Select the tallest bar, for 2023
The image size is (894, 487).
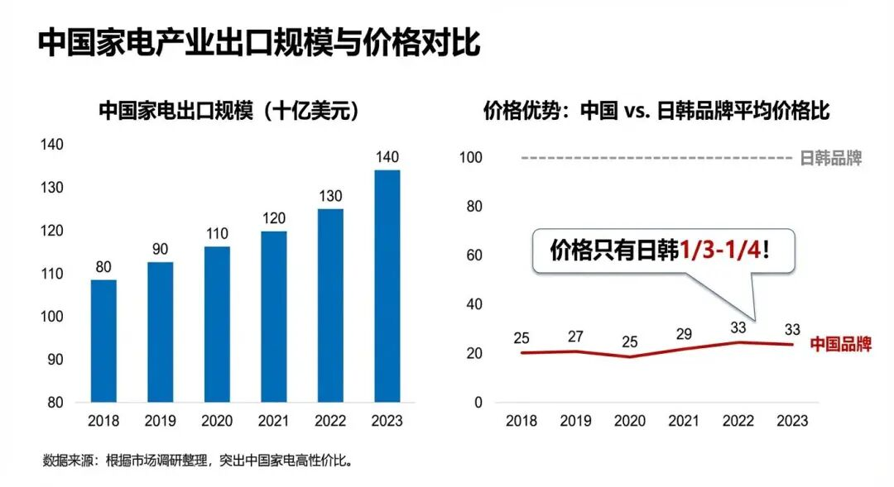click(387, 286)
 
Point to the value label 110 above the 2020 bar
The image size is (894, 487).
click(217, 234)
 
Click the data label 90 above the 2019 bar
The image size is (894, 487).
click(160, 250)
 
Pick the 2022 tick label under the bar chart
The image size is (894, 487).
click(330, 421)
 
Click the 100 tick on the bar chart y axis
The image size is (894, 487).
click(53, 317)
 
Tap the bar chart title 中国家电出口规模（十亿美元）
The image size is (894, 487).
click(229, 112)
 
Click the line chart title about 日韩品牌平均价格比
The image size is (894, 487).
click(656, 112)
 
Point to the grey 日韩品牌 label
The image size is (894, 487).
click(831, 158)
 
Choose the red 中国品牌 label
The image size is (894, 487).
click(840, 344)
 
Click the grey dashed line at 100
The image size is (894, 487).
click(654, 157)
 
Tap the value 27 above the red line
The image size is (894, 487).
click(575, 337)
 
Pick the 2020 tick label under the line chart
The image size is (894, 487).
click(630, 421)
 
